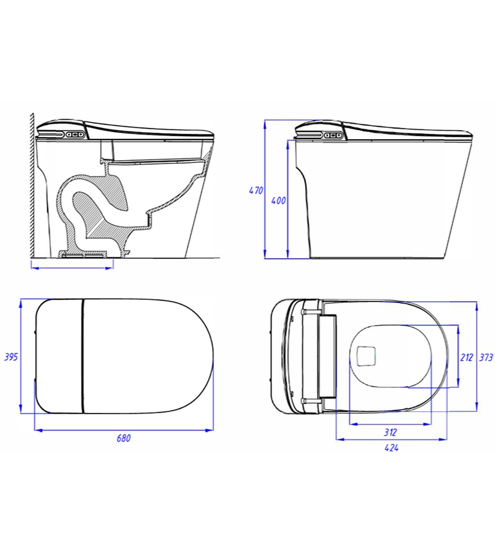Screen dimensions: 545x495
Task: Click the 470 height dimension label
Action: (x=255, y=190)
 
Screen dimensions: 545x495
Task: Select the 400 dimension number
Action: (x=279, y=201)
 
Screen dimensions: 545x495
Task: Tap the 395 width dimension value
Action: (x=11, y=357)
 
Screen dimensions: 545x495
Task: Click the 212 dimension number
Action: (x=467, y=357)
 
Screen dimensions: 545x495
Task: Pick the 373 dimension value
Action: (x=487, y=357)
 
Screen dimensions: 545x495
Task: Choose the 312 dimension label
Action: (x=391, y=432)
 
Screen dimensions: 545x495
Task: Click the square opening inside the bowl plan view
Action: (x=366, y=355)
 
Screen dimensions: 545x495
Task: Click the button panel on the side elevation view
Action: (x=335, y=134)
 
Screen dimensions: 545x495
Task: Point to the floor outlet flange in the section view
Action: (x=84, y=255)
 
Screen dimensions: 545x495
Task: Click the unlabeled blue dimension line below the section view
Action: (x=72, y=268)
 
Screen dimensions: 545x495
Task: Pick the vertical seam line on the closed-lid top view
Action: (x=82, y=356)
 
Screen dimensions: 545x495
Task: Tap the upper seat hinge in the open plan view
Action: (x=309, y=312)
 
